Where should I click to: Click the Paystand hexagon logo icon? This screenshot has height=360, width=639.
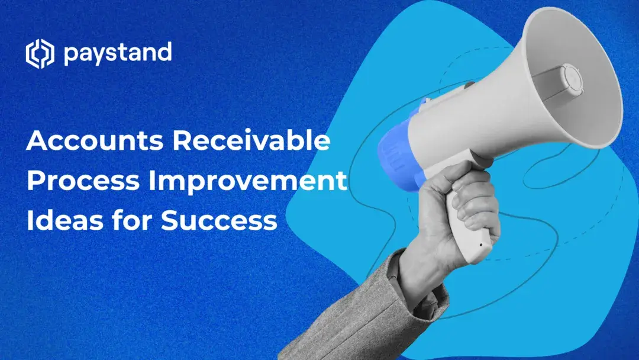[40, 54]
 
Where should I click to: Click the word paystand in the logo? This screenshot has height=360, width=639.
[117, 54]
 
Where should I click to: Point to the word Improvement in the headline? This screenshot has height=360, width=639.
[247, 182]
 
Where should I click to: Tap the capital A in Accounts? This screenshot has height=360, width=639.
[38, 143]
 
